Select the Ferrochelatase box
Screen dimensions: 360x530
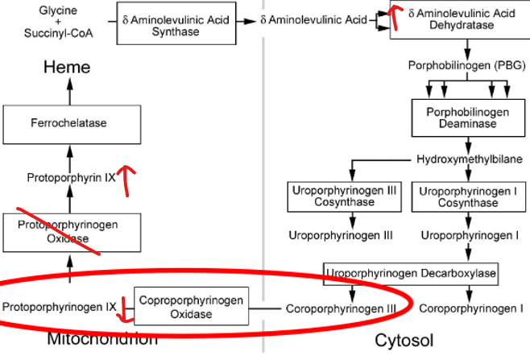tap(68, 123)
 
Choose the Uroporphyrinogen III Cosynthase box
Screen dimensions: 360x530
tap(345, 196)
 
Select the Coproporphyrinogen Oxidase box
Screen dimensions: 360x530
tap(191, 307)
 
